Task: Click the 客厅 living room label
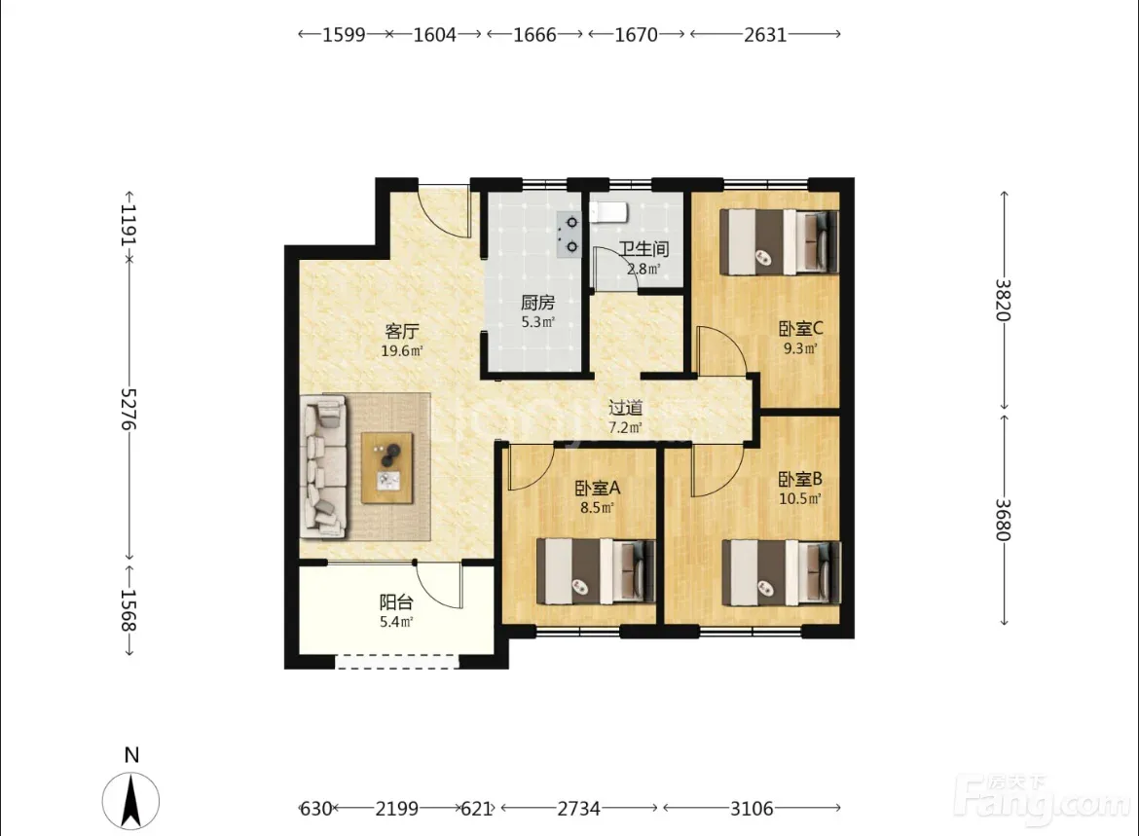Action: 402,331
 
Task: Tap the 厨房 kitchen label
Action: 537,302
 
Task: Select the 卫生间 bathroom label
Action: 643,249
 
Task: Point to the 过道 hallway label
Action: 625,408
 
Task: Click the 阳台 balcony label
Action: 396,602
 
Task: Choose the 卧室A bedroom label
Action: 597,489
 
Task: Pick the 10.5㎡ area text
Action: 800,499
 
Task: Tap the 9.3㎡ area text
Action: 800,347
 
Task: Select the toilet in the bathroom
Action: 607,212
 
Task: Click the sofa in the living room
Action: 323,465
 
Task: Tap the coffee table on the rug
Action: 387,468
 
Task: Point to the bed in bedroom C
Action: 779,242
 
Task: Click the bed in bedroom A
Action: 596,571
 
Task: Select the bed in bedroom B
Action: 782,572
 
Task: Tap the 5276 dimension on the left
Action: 129,408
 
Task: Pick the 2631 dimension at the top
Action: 765,34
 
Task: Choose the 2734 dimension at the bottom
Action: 578,808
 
